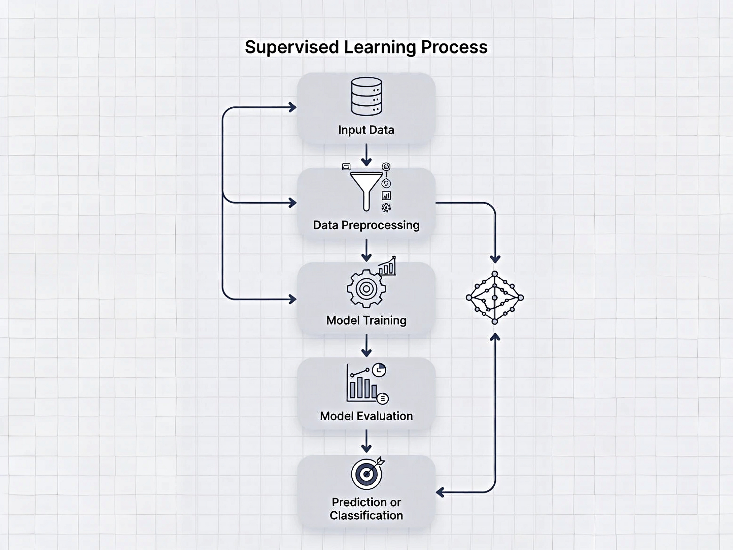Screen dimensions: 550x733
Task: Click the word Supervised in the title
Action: coord(292,47)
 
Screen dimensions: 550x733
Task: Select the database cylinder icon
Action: coord(366,96)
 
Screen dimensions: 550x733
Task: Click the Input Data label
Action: coord(366,130)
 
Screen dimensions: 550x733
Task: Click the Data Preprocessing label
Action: coord(366,225)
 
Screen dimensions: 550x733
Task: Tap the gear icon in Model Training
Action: coord(366,289)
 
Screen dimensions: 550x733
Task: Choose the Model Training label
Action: coord(366,320)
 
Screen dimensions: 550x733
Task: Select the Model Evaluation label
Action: coord(366,416)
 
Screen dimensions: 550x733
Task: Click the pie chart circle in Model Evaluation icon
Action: coord(379,370)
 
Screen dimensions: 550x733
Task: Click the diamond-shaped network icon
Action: coord(494,298)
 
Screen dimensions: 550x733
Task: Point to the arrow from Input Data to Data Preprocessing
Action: coord(366,155)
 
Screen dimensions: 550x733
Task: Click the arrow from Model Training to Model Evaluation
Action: coord(366,346)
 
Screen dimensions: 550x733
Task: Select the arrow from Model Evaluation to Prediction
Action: coord(366,441)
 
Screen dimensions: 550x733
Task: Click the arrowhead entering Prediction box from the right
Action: coord(440,492)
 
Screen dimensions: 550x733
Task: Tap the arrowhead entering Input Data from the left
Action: coord(293,107)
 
